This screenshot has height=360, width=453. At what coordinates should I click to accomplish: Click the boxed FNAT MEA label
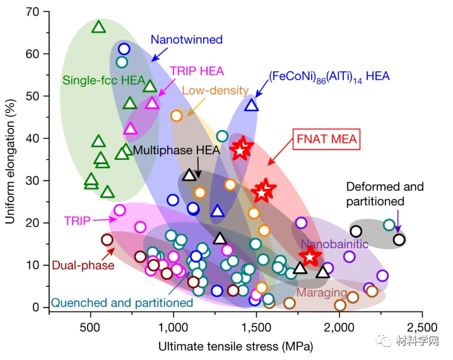click(326, 139)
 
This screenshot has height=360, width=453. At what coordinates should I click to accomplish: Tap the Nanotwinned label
click(186, 40)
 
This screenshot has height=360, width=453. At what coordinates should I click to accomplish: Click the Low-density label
click(215, 90)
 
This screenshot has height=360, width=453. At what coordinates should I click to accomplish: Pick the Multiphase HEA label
click(176, 151)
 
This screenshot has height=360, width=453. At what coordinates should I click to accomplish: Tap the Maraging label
click(322, 293)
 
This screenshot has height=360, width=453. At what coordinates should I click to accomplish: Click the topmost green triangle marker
click(98, 27)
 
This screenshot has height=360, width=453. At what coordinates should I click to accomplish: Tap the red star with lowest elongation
click(310, 256)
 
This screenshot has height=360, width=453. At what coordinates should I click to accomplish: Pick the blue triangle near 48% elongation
click(251, 105)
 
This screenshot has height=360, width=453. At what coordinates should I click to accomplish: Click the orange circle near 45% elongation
click(177, 116)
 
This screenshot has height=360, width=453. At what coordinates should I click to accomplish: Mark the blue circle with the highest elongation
click(124, 49)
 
